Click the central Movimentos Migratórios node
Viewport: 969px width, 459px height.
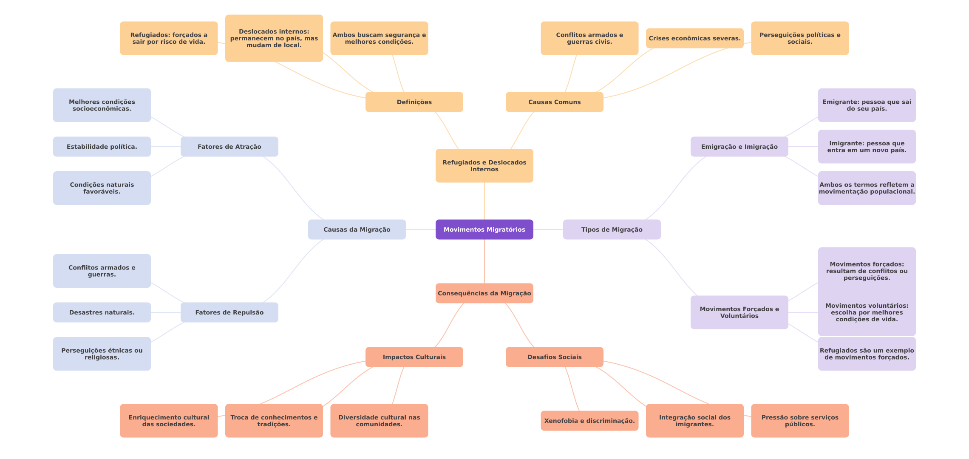pos(484,229)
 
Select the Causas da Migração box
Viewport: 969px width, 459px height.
pos(357,229)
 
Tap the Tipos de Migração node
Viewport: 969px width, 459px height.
pos(612,229)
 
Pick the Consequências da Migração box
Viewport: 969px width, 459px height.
pos(484,293)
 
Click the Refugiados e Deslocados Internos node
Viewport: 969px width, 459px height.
pos(484,166)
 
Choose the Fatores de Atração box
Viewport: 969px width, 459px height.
pos(229,147)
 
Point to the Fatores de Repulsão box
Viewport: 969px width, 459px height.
pos(229,312)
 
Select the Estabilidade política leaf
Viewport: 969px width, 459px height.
pos(102,147)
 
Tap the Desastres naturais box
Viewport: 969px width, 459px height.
pos(102,312)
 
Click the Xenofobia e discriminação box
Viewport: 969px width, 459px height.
pos(589,421)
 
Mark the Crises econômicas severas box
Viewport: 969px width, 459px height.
pos(694,38)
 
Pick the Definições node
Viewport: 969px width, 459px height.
pos(414,102)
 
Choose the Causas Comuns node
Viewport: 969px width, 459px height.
pos(555,102)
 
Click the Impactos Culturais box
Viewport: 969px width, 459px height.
pos(414,357)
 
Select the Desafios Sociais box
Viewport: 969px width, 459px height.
pos(555,357)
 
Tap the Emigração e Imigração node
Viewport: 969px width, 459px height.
pos(739,147)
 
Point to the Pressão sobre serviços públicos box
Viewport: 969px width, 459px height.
pos(800,421)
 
